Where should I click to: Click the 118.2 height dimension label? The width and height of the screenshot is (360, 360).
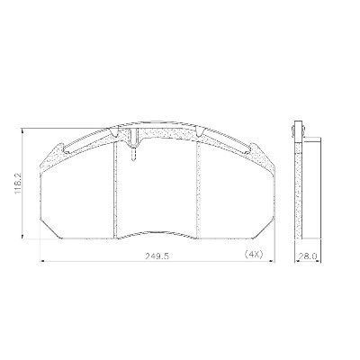(x=19, y=183)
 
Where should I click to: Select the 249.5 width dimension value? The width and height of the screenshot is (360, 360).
(x=157, y=256)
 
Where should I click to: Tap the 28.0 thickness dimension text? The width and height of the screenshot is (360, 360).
(x=309, y=256)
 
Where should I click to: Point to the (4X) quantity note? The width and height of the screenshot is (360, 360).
(x=254, y=255)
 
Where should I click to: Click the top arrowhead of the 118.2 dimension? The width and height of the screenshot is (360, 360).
(x=22, y=130)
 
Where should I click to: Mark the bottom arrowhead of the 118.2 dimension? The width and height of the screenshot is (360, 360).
(x=22, y=236)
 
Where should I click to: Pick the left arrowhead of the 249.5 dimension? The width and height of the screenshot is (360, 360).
(x=42, y=261)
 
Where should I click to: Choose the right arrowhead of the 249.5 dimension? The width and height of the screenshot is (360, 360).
(x=273, y=261)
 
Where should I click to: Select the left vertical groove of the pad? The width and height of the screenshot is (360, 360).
(x=114, y=189)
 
